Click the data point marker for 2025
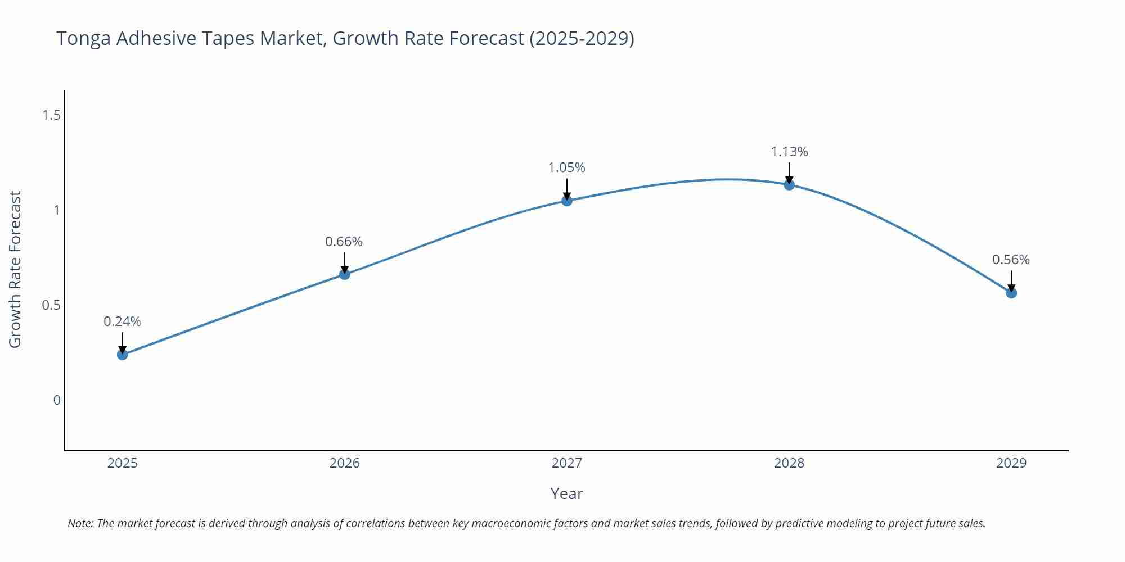pos(123,355)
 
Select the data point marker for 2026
pos(345,274)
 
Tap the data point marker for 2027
pos(567,201)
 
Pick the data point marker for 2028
pos(789,185)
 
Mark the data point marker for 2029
pos(1011,293)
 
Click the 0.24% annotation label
pos(122,321)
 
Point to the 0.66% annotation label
pos(344,242)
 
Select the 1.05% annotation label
pos(566,167)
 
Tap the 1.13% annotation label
pos(789,152)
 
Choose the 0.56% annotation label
pos(1011,260)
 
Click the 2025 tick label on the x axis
pos(122,463)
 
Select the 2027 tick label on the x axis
pos(566,463)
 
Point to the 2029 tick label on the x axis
pos(1011,463)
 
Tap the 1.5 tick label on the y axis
pos(51,115)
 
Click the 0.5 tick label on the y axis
pos(51,305)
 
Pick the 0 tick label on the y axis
pos(57,400)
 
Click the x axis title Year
pos(566,493)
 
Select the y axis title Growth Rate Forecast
pos(15,269)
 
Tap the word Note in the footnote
pos(80,523)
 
